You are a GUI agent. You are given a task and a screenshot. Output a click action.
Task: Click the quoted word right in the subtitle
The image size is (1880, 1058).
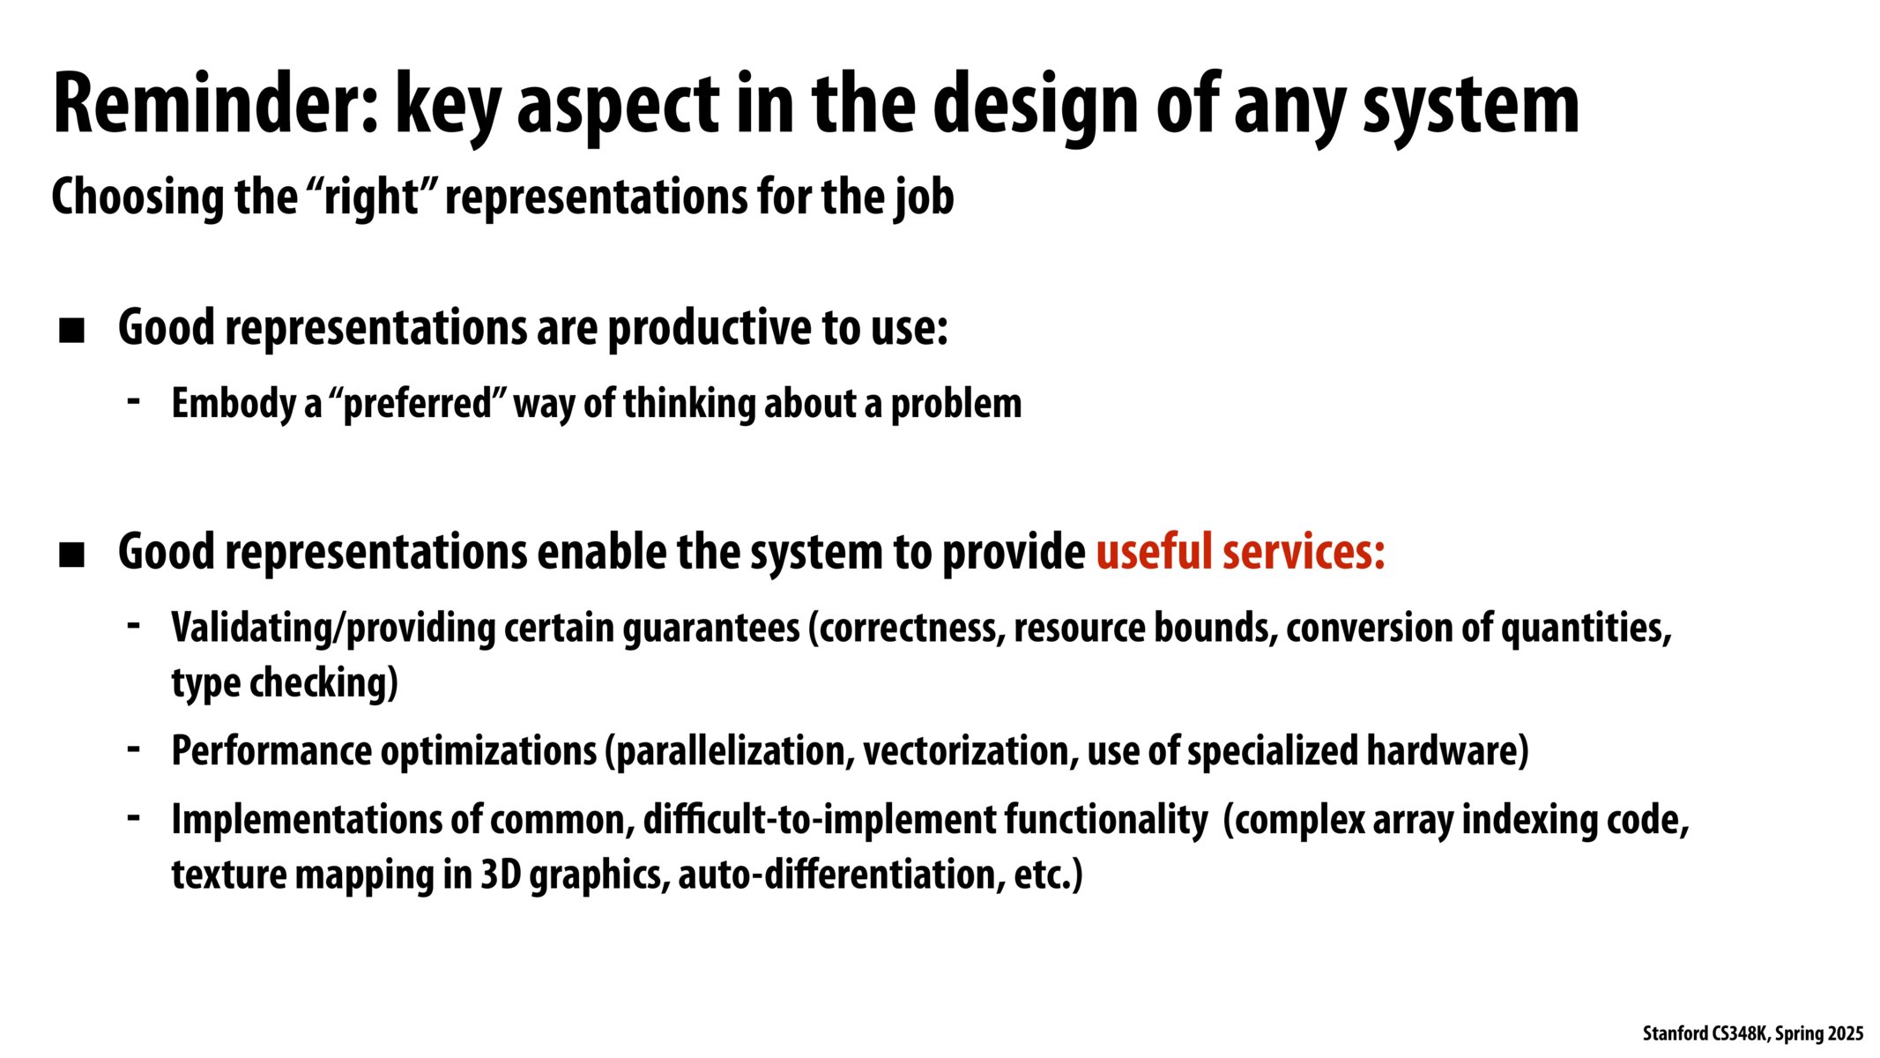pyautogui.click(x=371, y=197)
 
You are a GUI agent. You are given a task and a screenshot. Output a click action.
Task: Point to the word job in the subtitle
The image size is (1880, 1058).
pyautogui.click(x=925, y=197)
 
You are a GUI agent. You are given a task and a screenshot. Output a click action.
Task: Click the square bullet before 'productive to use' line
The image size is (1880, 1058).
pyautogui.click(x=71, y=331)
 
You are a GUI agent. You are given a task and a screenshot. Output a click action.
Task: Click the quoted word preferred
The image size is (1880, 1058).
pyautogui.click(x=417, y=404)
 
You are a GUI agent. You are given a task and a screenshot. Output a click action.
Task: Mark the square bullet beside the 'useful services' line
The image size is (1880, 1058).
pyautogui.click(x=71, y=555)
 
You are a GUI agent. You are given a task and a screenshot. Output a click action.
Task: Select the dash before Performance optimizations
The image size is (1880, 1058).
pyautogui.click(x=134, y=749)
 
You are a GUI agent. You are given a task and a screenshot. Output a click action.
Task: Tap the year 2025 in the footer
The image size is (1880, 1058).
pyautogui.click(x=1846, y=1033)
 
